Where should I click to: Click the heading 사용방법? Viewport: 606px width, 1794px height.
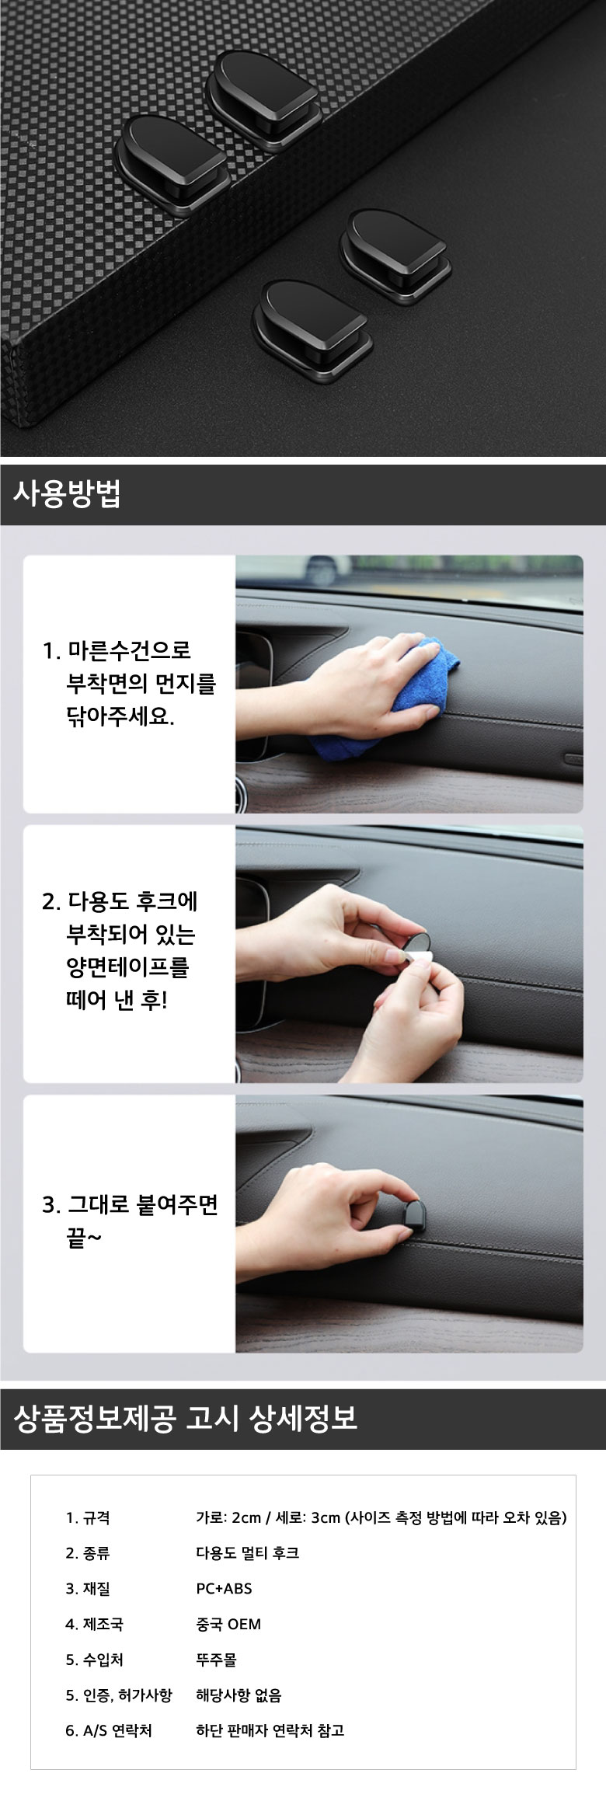(67, 494)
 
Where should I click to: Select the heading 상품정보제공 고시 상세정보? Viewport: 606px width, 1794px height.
(185, 1418)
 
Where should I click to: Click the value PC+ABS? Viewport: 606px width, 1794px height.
(224, 1588)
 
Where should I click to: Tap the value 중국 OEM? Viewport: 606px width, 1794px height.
(228, 1624)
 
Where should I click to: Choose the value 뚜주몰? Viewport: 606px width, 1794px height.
(216, 1660)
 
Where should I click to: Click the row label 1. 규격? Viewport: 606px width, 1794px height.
(88, 1517)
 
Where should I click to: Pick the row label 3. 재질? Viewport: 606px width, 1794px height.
(88, 1588)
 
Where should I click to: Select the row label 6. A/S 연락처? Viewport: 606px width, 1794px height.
(109, 1730)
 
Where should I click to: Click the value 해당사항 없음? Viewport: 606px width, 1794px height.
(239, 1695)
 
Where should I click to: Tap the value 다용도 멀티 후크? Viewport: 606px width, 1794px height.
(247, 1552)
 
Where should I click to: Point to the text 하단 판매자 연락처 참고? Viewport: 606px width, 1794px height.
(270, 1730)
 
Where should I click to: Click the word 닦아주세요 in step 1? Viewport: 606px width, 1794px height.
(120, 716)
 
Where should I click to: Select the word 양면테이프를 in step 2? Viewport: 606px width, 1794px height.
(128, 967)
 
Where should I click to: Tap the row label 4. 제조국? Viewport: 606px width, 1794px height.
(94, 1624)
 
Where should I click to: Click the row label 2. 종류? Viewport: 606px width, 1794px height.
(88, 1552)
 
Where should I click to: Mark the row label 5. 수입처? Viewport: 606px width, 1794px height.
(94, 1660)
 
